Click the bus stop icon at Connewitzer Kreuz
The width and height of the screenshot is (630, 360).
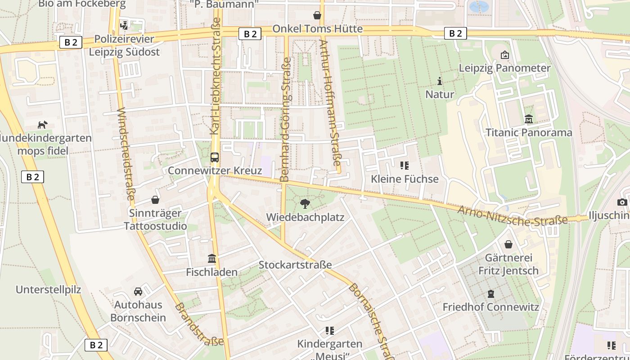point(215,157)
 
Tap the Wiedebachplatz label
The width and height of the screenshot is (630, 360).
point(305,217)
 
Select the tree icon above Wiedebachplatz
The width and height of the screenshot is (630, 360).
point(305,204)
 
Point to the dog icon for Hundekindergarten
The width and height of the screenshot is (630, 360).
point(43,125)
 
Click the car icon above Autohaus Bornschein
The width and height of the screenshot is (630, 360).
point(138,292)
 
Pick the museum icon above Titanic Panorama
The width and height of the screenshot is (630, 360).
point(529,119)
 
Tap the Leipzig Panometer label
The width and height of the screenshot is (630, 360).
point(504,68)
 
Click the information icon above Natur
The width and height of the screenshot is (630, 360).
point(440,81)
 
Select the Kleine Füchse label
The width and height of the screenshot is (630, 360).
point(405,179)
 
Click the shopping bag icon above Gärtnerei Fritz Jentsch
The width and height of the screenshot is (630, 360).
point(508,244)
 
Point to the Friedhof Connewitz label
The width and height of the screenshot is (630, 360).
point(490,307)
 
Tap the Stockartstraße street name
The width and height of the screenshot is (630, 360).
point(295,265)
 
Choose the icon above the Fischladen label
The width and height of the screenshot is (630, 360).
point(212,259)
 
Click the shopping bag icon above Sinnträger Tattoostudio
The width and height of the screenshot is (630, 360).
point(155,199)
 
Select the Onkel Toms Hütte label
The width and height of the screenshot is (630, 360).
point(317,29)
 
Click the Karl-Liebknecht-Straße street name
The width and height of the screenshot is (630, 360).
point(216,76)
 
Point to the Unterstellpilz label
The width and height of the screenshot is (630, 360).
point(49,290)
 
